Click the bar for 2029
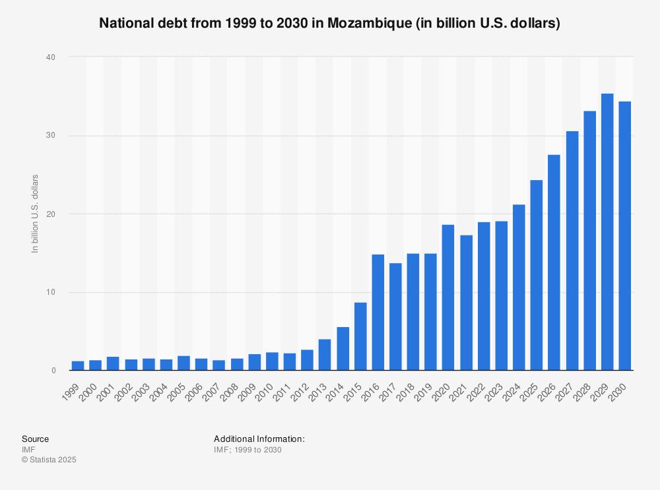click(607, 232)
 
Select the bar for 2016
click(378, 313)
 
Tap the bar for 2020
click(448, 297)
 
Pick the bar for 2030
click(624, 236)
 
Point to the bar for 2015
click(360, 336)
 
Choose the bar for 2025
click(537, 275)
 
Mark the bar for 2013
click(325, 355)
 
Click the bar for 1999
click(78, 366)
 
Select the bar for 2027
click(572, 251)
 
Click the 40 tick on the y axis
click(51, 57)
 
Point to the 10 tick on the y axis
click(51, 292)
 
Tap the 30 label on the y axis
click(51, 136)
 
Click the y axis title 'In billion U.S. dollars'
click(36, 214)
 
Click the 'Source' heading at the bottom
click(35, 439)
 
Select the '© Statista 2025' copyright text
click(49, 460)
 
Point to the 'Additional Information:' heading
click(259, 439)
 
